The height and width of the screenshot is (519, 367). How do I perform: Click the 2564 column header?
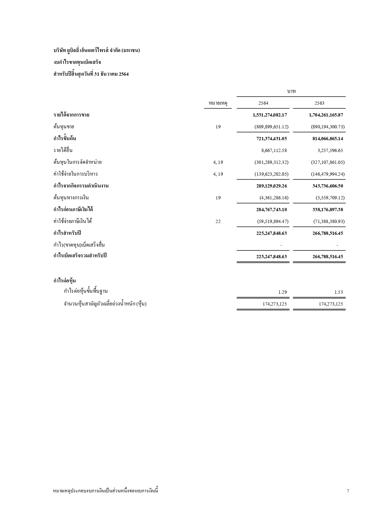pyautogui.click(x=263, y=103)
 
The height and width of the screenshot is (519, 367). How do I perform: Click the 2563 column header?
pyautogui.click(x=319, y=103)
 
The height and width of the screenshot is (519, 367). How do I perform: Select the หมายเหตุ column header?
pyautogui.click(x=218, y=103)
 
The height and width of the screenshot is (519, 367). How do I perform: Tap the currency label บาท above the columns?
pyautogui.click(x=291, y=91)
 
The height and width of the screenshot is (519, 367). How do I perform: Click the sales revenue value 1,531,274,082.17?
pyautogui.click(x=270, y=115)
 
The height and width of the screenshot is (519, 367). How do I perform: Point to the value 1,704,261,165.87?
pyautogui.click(x=326, y=115)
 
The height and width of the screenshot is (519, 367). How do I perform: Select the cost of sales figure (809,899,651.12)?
pyautogui.click(x=271, y=127)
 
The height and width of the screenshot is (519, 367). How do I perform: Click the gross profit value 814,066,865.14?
pyautogui.click(x=328, y=138)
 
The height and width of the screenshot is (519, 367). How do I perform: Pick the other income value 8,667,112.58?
pyautogui.click(x=274, y=150)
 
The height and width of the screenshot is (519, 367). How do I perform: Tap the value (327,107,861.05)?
pyautogui.click(x=328, y=162)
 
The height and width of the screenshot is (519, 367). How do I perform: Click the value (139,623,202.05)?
pyautogui.click(x=271, y=174)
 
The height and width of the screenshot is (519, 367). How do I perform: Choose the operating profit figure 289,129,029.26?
pyautogui.click(x=271, y=186)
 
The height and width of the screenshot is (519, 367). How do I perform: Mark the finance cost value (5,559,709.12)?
pyautogui.click(x=330, y=198)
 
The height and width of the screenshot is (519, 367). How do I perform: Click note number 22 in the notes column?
pyautogui.click(x=218, y=221)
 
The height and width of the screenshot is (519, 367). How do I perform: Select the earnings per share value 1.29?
pyautogui.click(x=282, y=292)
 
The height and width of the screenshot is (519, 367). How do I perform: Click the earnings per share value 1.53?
pyautogui.click(x=339, y=292)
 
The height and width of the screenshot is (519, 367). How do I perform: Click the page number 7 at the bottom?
pyautogui.click(x=348, y=491)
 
